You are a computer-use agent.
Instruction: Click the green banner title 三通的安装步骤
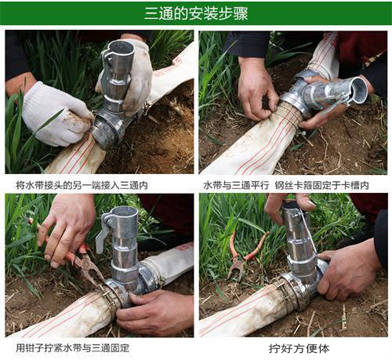tap(196, 13)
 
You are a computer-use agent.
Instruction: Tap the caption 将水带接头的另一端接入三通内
tap(82, 185)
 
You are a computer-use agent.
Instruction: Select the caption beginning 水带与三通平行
tap(286, 185)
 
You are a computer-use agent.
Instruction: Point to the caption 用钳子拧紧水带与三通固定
tap(73, 348)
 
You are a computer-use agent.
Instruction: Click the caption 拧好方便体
tap(299, 348)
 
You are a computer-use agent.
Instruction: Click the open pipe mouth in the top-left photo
tap(122, 48)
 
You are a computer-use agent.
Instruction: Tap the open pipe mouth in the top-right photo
tap(359, 89)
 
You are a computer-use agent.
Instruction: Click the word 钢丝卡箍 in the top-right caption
tap(293, 185)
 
